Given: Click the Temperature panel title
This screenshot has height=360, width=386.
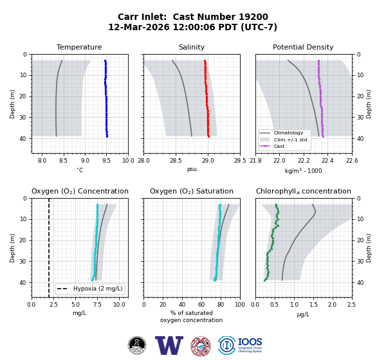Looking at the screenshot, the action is click(79, 47).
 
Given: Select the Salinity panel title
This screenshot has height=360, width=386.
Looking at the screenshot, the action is click(192, 47).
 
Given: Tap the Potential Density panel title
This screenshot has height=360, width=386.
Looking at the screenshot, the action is click(303, 47).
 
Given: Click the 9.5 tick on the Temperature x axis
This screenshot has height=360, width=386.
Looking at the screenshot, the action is click(106, 161).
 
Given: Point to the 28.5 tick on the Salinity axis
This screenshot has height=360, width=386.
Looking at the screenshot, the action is click(176, 161).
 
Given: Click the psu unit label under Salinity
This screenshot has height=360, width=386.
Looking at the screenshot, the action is click(192, 169).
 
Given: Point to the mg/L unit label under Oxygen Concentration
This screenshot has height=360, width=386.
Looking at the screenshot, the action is click(80, 313).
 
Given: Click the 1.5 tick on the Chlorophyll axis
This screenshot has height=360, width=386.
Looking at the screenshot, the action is click(313, 305).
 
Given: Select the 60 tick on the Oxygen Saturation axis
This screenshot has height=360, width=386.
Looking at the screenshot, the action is click(201, 305).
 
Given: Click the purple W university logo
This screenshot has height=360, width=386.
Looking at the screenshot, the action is click(169, 345).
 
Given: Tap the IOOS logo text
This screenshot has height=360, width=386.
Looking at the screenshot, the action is click(250, 342).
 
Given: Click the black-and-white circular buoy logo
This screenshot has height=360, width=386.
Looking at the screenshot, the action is click(137, 345).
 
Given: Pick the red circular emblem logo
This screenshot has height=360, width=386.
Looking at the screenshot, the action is click(201, 346).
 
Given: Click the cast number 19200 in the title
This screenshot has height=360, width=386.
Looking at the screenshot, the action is click(253, 17).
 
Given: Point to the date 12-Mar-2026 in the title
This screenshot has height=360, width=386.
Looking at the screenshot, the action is click(139, 27).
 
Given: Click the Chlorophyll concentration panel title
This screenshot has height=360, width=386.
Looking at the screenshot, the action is click(303, 191).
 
